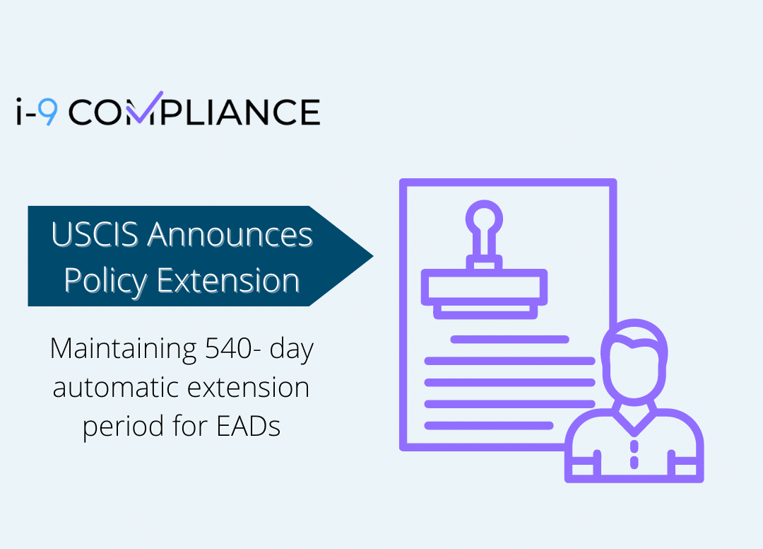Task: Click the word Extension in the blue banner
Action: pos(228,281)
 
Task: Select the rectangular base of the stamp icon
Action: pos(484,285)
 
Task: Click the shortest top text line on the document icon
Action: pos(509,339)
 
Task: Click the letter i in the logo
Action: pos(21,112)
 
